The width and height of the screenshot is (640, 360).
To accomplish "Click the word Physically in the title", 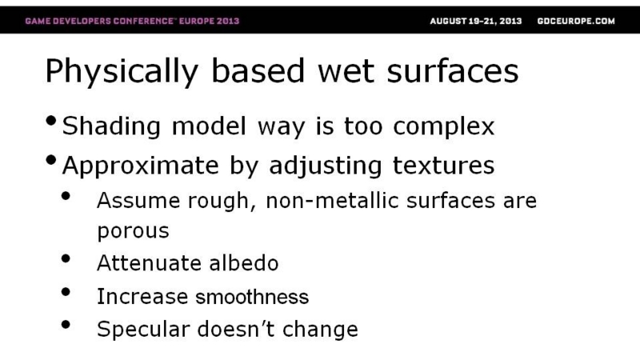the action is pos(122,72).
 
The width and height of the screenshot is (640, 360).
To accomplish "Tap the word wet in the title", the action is pos(346,72).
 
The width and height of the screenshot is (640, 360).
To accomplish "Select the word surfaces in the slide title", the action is pos(453,71).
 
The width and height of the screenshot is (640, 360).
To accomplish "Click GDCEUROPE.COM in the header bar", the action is pos(576,21).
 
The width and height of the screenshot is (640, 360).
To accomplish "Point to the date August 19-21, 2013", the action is pos(476,21).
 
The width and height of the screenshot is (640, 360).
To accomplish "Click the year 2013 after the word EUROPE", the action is pos(228,21).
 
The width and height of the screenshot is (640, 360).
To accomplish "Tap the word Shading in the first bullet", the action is pos(111,126).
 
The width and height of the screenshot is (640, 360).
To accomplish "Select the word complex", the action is pos(444,127).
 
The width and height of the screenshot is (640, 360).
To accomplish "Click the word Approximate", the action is pos(141,166).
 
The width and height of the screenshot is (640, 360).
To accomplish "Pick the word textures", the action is pos(444,166).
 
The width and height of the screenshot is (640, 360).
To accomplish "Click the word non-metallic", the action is pos(332,201).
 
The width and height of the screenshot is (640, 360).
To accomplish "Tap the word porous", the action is pos(133,231).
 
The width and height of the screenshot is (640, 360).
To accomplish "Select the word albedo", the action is pos(244,262).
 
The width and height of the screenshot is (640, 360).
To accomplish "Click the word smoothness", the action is pos(252,296).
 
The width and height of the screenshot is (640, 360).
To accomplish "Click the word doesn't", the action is pos(236,329).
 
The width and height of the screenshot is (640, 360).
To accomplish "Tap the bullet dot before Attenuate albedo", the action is pos(66,258).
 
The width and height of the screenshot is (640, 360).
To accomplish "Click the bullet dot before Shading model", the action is pos(51,121).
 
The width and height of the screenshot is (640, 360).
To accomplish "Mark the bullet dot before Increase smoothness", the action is pos(66,292).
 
